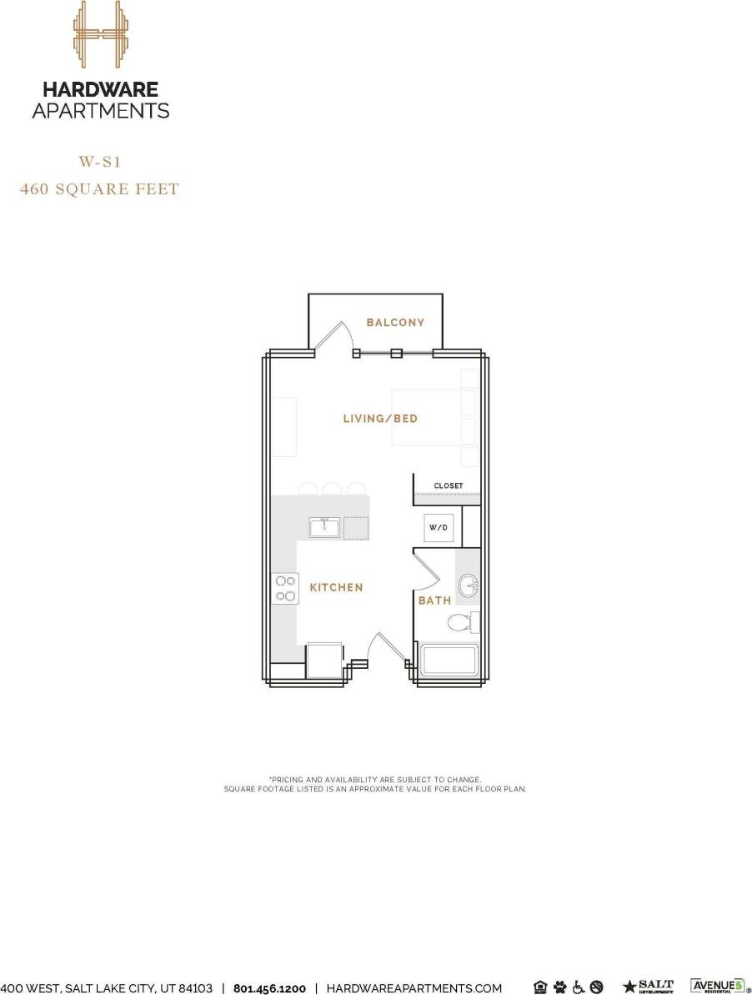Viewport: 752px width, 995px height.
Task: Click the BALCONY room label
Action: pyautogui.click(x=395, y=323)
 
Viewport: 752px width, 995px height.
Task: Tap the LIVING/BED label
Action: pyautogui.click(x=380, y=419)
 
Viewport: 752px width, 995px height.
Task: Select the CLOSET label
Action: pyautogui.click(x=448, y=486)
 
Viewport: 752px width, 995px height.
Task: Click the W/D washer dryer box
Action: pyautogui.click(x=439, y=528)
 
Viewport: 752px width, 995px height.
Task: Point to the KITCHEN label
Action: pyautogui.click(x=336, y=588)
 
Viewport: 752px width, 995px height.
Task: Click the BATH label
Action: pyautogui.click(x=434, y=601)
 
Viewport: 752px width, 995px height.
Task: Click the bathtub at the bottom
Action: pyautogui.click(x=449, y=661)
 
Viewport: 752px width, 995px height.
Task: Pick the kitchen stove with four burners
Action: pyautogui.click(x=286, y=588)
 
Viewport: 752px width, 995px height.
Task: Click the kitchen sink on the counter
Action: pyautogui.click(x=324, y=527)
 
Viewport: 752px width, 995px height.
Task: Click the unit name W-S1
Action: pyautogui.click(x=100, y=162)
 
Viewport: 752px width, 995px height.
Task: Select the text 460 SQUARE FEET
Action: pyautogui.click(x=100, y=189)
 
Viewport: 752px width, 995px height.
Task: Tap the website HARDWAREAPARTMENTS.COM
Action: pyautogui.click(x=414, y=987)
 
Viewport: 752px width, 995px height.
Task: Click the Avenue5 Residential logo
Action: pyautogui.click(x=716, y=986)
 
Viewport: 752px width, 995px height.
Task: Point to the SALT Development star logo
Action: pyautogui.click(x=649, y=987)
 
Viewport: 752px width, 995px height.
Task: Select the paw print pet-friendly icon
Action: pyautogui.click(x=559, y=987)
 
